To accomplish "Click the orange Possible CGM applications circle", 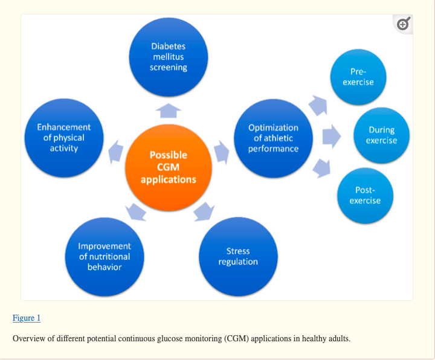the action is pos(169,167).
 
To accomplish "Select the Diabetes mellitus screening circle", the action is pos(169,57).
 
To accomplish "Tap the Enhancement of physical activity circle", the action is pos(64,138).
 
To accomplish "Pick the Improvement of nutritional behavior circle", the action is pos(105,257).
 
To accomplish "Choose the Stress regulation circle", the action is pos(238,257).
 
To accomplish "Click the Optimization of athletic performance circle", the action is pos(273,138).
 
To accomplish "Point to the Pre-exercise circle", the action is pos(358,77).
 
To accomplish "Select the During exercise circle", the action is pos(381,135).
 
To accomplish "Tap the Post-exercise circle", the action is pos(365,196).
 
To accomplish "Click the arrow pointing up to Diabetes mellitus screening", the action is pos(169,111).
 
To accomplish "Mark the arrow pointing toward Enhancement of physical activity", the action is pos(115,152).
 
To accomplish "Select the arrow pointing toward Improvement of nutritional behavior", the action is pos(136,213).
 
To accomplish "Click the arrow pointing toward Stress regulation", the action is pos(204,212).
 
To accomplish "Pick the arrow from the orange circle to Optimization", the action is pos(221,152).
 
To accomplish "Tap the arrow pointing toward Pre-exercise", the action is pos(318,105).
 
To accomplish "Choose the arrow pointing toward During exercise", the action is pos(332,136).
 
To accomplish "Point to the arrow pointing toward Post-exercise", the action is pos(321,168).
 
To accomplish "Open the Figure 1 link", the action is pos(27,318).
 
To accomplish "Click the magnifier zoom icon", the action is pos(404,24).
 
